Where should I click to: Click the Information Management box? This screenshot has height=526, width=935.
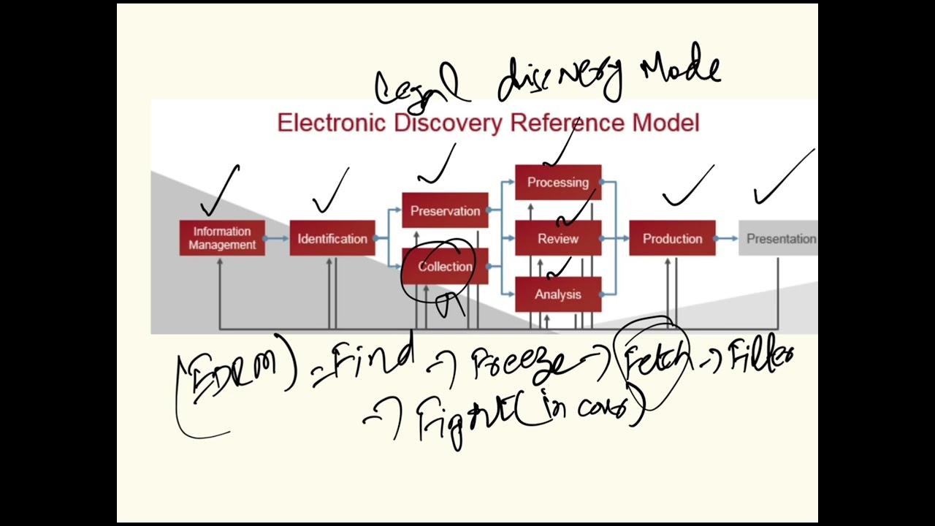pyautogui.click(x=222, y=238)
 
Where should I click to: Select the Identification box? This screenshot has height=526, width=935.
pyautogui.click(x=332, y=239)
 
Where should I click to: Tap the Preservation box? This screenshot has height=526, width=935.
pyautogui.click(x=445, y=211)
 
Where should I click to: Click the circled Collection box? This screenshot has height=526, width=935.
pyautogui.click(x=445, y=267)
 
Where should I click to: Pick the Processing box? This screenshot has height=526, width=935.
pyautogui.click(x=558, y=183)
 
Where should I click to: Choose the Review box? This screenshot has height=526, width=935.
pyautogui.click(x=558, y=239)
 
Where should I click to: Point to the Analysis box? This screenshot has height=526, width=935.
pyautogui.click(x=558, y=294)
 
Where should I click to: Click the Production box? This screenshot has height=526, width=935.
pyautogui.click(x=672, y=239)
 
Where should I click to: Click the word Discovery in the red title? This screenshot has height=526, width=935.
pyautogui.click(x=449, y=123)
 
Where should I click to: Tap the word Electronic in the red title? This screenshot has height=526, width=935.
pyautogui.click(x=332, y=123)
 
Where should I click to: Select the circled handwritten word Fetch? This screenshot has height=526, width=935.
pyautogui.click(x=656, y=360)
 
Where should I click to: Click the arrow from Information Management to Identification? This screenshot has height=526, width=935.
pyautogui.click(x=277, y=239)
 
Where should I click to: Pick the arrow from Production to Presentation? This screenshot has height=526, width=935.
pyautogui.click(x=727, y=239)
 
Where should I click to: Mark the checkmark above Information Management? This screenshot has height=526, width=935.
pyautogui.click(x=222, y=189)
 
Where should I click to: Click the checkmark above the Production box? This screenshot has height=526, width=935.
pyautogui.click(x=687, y=186)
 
